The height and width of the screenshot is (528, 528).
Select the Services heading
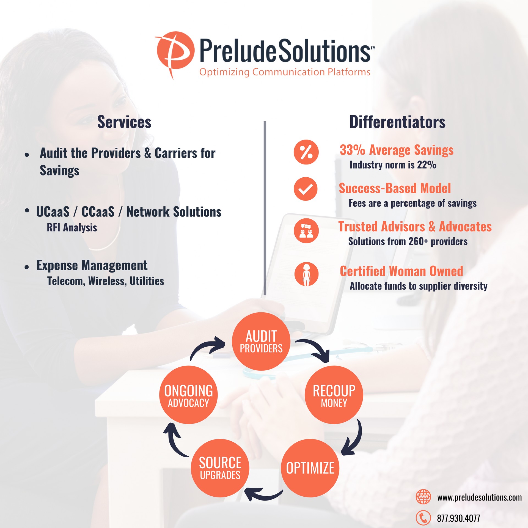pos(124,122)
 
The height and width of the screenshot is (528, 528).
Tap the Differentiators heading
pos(397,122)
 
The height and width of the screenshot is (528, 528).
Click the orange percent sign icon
pos(306,152)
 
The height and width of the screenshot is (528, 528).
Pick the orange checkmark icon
pos(306,189)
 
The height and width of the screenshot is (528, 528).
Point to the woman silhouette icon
pos(306,274)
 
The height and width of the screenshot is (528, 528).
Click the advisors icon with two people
pos(306,231)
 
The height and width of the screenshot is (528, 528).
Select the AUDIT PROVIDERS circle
pos(261,341)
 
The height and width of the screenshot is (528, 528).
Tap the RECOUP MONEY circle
pos(334,395)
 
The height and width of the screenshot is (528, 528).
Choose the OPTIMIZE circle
pos(310,468)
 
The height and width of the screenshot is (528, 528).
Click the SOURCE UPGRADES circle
pos(220,468)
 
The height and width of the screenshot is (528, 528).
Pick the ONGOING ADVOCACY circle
pos(188,395)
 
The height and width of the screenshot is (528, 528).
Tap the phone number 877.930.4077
pos(458,518)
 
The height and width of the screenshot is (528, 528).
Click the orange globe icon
pos(423,497)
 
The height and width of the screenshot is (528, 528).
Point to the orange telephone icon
pos(423,518)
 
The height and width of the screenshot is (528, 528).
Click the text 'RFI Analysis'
pos(72,228)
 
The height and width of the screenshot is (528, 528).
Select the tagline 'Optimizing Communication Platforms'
pos(285,72)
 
